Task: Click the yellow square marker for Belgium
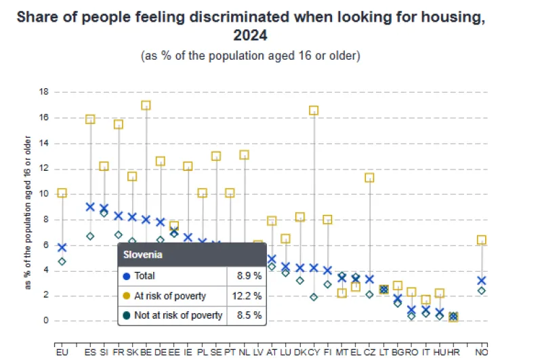coord(146,105)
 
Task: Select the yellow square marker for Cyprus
coord(314,110)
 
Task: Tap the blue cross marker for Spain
coord(90,206)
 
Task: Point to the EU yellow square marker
coord(62,193)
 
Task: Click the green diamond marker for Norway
coord(481,290)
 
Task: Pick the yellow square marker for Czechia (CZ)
coord(369,178)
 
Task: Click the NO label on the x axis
coord(481,352)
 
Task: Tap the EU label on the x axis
coord(62,352)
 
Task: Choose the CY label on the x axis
coord(314,352)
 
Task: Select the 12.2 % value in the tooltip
coord(247,296)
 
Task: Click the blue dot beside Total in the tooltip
coord(127,276)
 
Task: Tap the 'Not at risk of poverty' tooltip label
coord(179,315)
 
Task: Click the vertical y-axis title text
coord(28,213)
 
